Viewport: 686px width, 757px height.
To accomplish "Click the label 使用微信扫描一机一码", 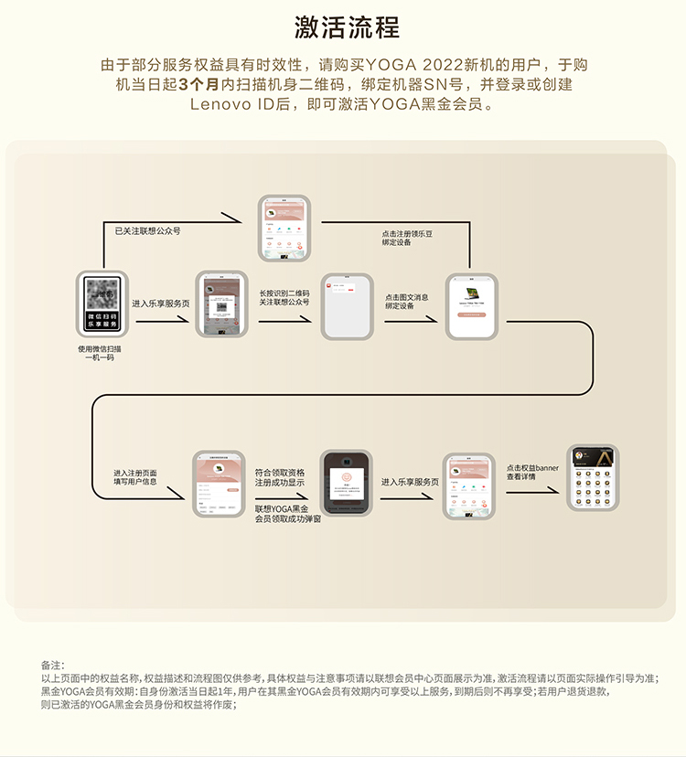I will coord(102,353).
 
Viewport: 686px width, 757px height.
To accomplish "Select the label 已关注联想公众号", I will coord(147,231).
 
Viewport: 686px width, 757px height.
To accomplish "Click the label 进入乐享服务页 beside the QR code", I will coord(161,303).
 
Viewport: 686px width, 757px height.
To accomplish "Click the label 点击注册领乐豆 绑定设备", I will coord(408,239).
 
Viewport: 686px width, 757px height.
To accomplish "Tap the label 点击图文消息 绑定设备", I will coord(407,302).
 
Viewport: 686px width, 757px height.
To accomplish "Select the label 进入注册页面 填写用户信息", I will coord(135,476).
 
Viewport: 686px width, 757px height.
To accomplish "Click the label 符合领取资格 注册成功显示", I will coord(280,476).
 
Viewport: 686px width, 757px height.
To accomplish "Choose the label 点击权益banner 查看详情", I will coord(532,472).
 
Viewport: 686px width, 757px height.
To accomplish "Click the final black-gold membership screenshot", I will coord(592,477).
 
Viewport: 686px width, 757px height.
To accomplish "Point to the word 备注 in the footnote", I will coord(52,665).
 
